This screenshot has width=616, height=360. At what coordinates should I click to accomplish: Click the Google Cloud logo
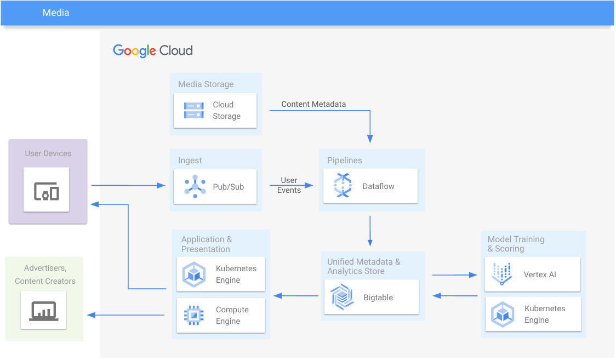pyautogui.click(x=152, y=50)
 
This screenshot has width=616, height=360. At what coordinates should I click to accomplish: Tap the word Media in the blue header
pyautogui.click(x=56, y=12)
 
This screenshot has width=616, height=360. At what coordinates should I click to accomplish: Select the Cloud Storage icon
pyautogui.click(x=194, y=110)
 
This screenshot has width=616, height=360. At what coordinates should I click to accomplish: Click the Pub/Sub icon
pyautogui.click(x=195, y=186)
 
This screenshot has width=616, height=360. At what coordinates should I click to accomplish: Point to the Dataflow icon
pyautogui.click(x=343, y=186)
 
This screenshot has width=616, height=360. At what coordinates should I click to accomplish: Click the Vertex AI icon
pyautogui.click(x=501, y=274)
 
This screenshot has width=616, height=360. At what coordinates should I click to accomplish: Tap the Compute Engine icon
pyautogui.click(x=194, y=315)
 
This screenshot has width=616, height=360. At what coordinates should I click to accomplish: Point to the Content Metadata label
pyautogui.click(x=313, y=104)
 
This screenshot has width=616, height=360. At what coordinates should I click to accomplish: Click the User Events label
pyautogui.click(x=289, y=185)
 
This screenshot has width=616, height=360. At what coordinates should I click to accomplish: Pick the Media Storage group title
pyautogui.click(x=206, y=84)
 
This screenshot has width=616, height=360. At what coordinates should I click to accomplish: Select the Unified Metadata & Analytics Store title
pyautogui.click(x=364, y=266)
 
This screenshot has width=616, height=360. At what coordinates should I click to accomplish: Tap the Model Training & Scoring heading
pyautogui.click(x=516, y=244)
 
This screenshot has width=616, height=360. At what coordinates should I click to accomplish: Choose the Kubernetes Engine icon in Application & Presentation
pyautogui.click(x=194, y=275)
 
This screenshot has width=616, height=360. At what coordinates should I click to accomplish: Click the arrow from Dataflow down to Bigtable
pyautogui.click(x=370, y=231)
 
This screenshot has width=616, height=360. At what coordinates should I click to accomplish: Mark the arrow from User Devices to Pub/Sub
pyautogui.click(x=128, y=186)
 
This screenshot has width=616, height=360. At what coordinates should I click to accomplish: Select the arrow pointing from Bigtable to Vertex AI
pyautogui.click(x=454, y=275)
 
